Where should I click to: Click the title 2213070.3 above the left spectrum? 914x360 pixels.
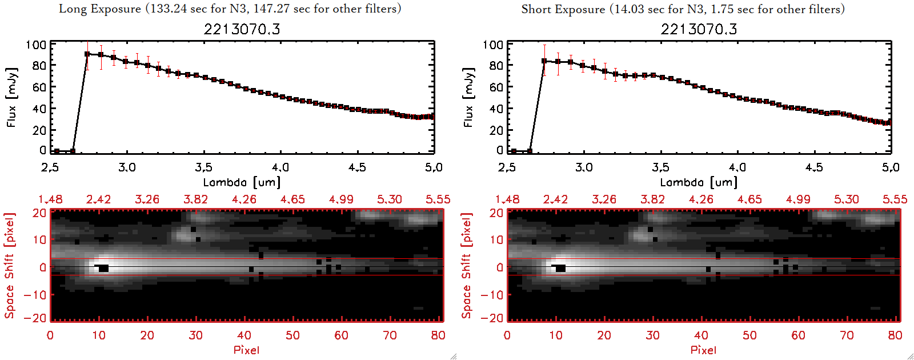(x=242, y=29)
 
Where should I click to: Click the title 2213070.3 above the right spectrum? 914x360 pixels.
(x=699, y=29)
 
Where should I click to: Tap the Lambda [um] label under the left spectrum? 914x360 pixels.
(x=242, y=182)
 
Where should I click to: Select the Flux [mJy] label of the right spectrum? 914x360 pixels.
(x=468, y=97)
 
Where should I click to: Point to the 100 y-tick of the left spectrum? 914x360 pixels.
(x=36, y=45)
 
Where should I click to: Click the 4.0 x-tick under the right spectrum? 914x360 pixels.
(x=737, y=167)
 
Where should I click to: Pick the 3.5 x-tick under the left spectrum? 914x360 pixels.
(x=203, y=167)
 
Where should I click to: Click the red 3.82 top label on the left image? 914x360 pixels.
(x=195, y=199)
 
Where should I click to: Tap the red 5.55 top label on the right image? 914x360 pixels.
(x=895, y=199)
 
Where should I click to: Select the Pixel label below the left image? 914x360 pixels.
(x=246, y=350)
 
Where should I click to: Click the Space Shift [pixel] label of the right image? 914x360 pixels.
(x=467, y=266)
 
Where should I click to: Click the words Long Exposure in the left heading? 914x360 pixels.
(x=100, y=9)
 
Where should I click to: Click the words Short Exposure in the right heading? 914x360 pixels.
(x=563, y=9)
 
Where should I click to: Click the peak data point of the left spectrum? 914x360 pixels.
(x=87, y=54)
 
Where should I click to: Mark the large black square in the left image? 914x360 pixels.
(x=103, y=268)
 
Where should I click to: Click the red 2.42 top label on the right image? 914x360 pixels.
(x=555, y=199)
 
